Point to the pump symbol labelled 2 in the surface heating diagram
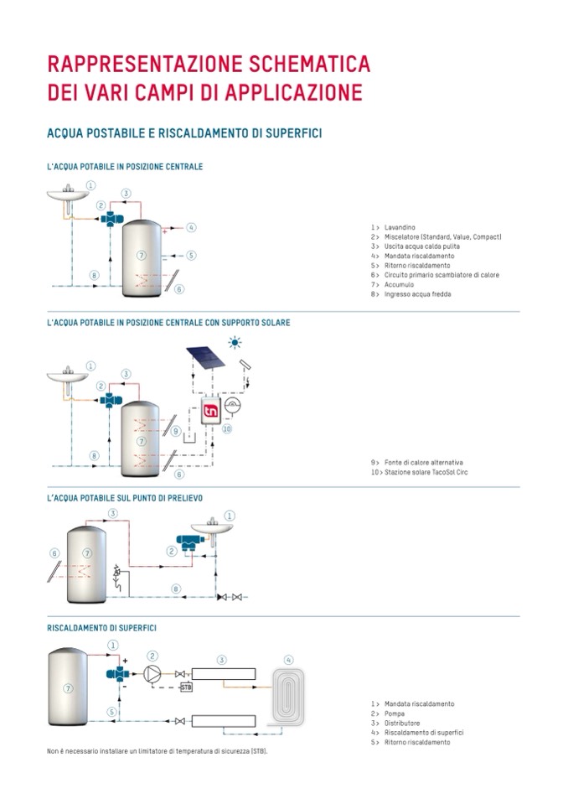point(153,672)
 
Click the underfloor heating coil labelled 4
point(289,694)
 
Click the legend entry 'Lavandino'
point(400,227)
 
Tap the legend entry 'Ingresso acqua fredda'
point(419,294)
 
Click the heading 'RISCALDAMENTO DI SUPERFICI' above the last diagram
point(101,627)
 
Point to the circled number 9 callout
point(176,431)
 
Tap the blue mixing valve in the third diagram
point(185,542)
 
